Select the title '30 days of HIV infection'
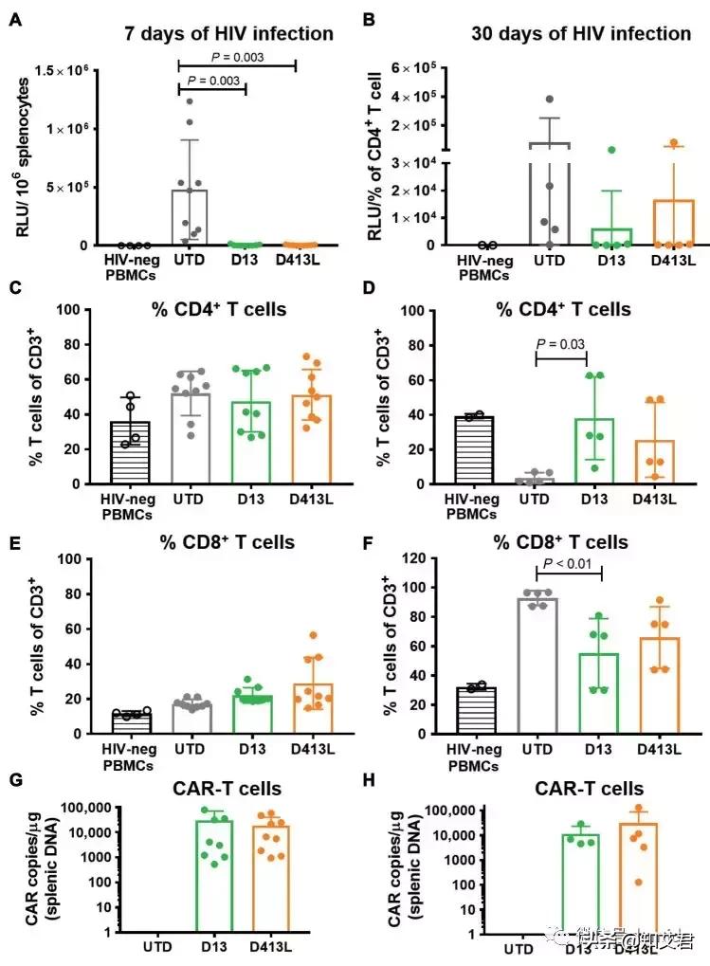point(581,34)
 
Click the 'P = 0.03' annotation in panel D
point(561,344)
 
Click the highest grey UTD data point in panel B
point(549,100)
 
